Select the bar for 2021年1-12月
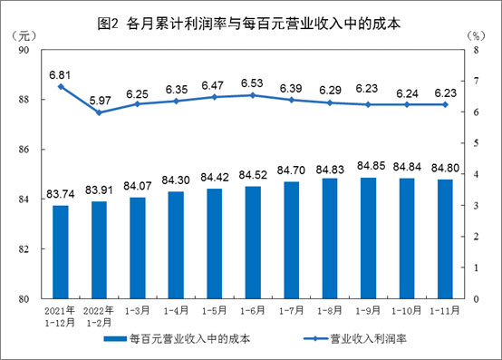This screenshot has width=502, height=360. (61, 251)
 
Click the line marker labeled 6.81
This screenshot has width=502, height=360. (61, 86)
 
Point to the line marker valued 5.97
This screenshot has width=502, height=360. (99, 112)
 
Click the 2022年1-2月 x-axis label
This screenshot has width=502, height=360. (99, 316)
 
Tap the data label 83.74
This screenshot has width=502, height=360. (61, 194)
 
